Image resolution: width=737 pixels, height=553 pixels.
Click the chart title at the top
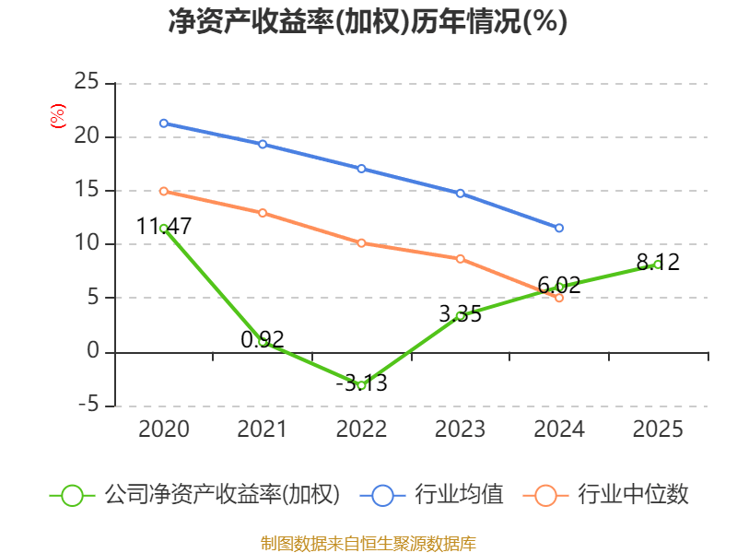coord(368,22)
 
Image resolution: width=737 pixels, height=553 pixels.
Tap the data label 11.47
coord(164,226)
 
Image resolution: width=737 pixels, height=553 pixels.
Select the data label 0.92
coord(263,339)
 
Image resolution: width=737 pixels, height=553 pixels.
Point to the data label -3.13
coord(361,382)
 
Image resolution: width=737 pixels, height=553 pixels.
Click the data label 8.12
coord(658,263)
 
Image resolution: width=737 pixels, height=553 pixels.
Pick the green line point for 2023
coord(461,316)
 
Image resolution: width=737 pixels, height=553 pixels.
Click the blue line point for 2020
coord(164,123)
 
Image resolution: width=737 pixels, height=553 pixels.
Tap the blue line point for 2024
coord(559,228)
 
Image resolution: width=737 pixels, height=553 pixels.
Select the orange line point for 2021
coord(263,213)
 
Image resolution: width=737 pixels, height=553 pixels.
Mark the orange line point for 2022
coord(361,243)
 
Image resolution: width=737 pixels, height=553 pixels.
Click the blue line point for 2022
coord(361,169)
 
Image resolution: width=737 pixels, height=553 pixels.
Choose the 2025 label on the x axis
coord(658,429)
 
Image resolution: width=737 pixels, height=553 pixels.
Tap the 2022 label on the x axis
coord(361,429)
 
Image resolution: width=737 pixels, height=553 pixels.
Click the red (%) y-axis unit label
coord(58,115)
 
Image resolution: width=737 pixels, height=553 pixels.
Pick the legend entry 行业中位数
coord(633,495)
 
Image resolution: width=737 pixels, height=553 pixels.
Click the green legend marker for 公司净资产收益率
coord(73,495)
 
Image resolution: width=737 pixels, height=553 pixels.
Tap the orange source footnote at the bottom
coord(368,543)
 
